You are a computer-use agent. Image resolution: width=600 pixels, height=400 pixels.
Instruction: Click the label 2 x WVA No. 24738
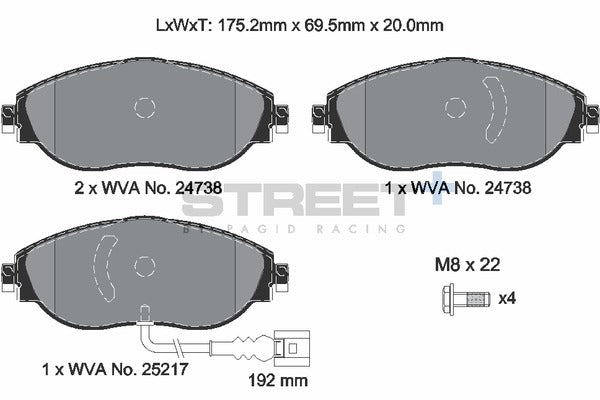pos(148,186)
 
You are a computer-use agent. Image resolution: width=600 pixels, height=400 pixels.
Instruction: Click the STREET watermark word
pos(290,203)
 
